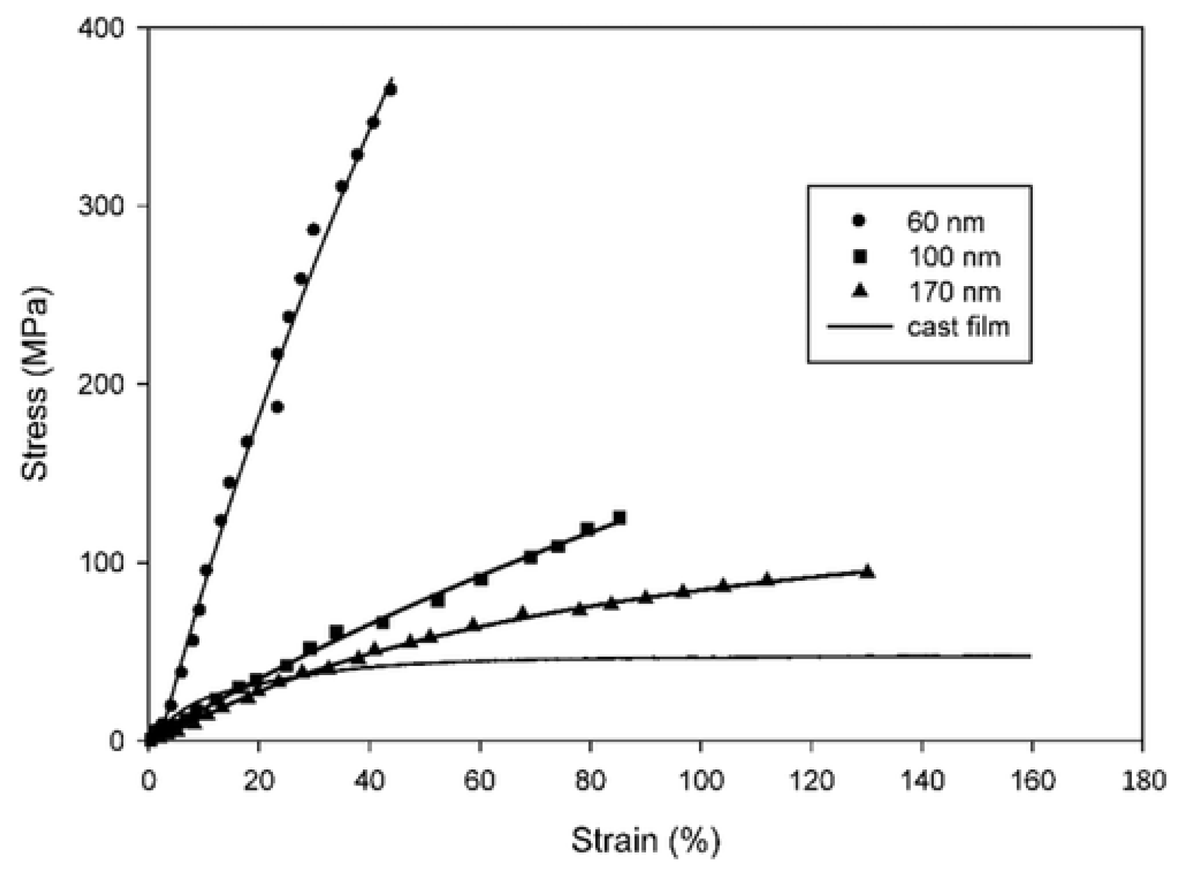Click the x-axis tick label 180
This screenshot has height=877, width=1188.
coord(1143,780)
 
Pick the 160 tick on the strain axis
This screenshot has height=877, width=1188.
coord(1032,780)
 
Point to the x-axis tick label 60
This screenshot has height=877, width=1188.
coord(479,780)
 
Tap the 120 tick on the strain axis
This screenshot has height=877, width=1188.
coord(810,780)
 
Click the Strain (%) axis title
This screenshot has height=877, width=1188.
coord(645,841)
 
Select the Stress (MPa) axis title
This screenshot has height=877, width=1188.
coord(35,384)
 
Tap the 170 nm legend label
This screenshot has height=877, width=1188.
coord(954,292)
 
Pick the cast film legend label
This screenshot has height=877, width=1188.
coord(958,327)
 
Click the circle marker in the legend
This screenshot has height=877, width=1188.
coord(859,221)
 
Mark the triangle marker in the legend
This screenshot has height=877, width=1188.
coord(860,291)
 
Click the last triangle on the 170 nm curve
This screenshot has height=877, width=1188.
coord(867,572)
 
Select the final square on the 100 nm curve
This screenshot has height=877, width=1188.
coord(619,518)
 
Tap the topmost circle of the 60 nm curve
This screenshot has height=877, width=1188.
coord(391,89)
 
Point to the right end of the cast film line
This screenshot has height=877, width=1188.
coord(1030,656)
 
